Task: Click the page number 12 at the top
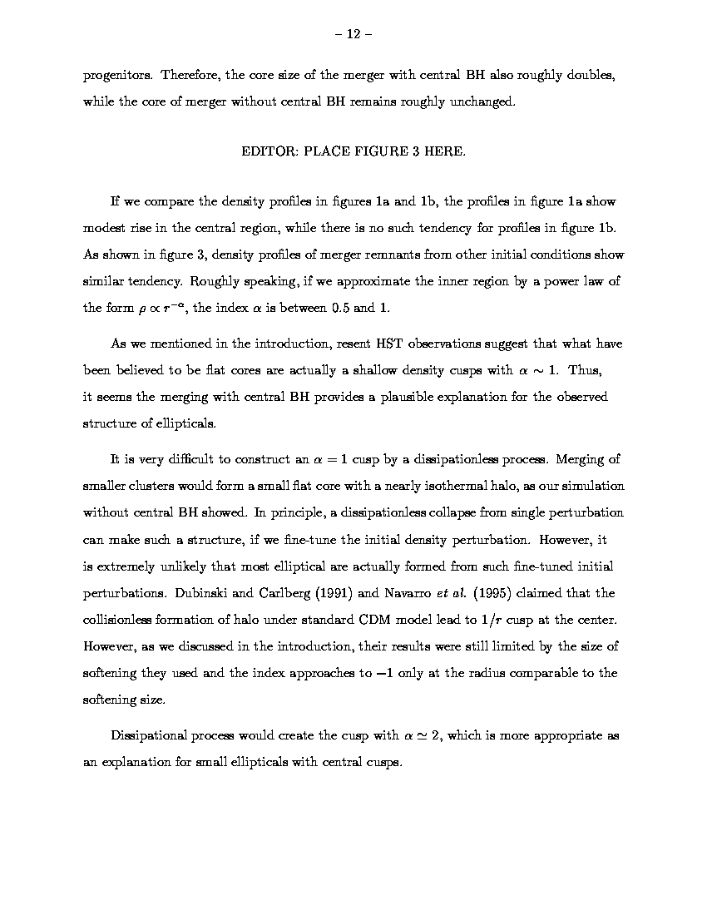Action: point(353,34)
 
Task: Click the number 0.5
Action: point(341,308)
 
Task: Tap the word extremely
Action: point(129,566)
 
